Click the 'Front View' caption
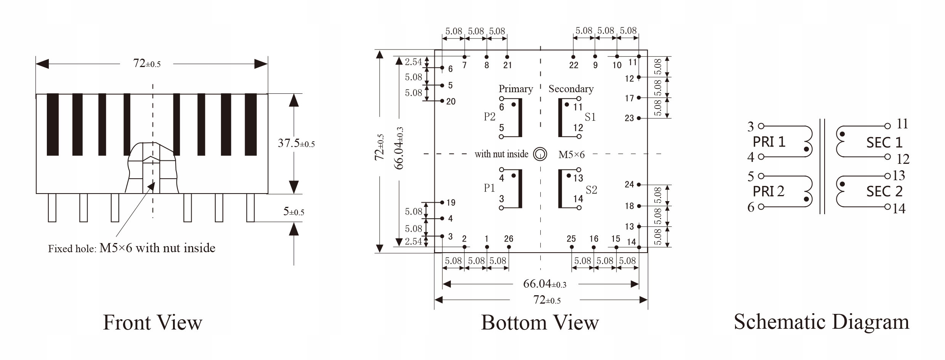pyautogui.click(x=152, y=323)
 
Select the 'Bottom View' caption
pyautogui.click(x=540, y=323)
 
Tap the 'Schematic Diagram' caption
pyautogui.click(x=822, y=322)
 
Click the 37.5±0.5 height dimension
pyautogui.click(x=296, y=143)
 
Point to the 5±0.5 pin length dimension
pyautogui.click(x=293, y=211)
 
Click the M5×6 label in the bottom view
pyautogui.click(x=571, y=154)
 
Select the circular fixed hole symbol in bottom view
pyautogui.click(x=540, y=154)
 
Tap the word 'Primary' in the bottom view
pyautogui.click(x=516, y=89)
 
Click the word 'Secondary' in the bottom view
pyautogui.click(x=571, y=89)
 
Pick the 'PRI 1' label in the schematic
pyautogui.click(x=769, y=142)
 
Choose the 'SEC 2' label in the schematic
pyautogui.click(x=884, y=191)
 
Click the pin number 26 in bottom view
pyautogui.click(x=509, y=239)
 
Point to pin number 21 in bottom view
pyautogui.click(x=508, y=65)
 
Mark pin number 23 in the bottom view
pyautogui.click(x=629, y=118)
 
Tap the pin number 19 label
pyautogui.click(x=451, y=203)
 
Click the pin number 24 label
pyautogui.click(x=629, y=184)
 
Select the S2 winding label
pyautogui.click(x=591, y=190)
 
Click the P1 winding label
pyautogui.click(x=489, y=188)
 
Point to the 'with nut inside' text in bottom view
pyautogui.click(x=501, y=154)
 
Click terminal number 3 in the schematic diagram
pyautogui.click(x=751, y=126)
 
